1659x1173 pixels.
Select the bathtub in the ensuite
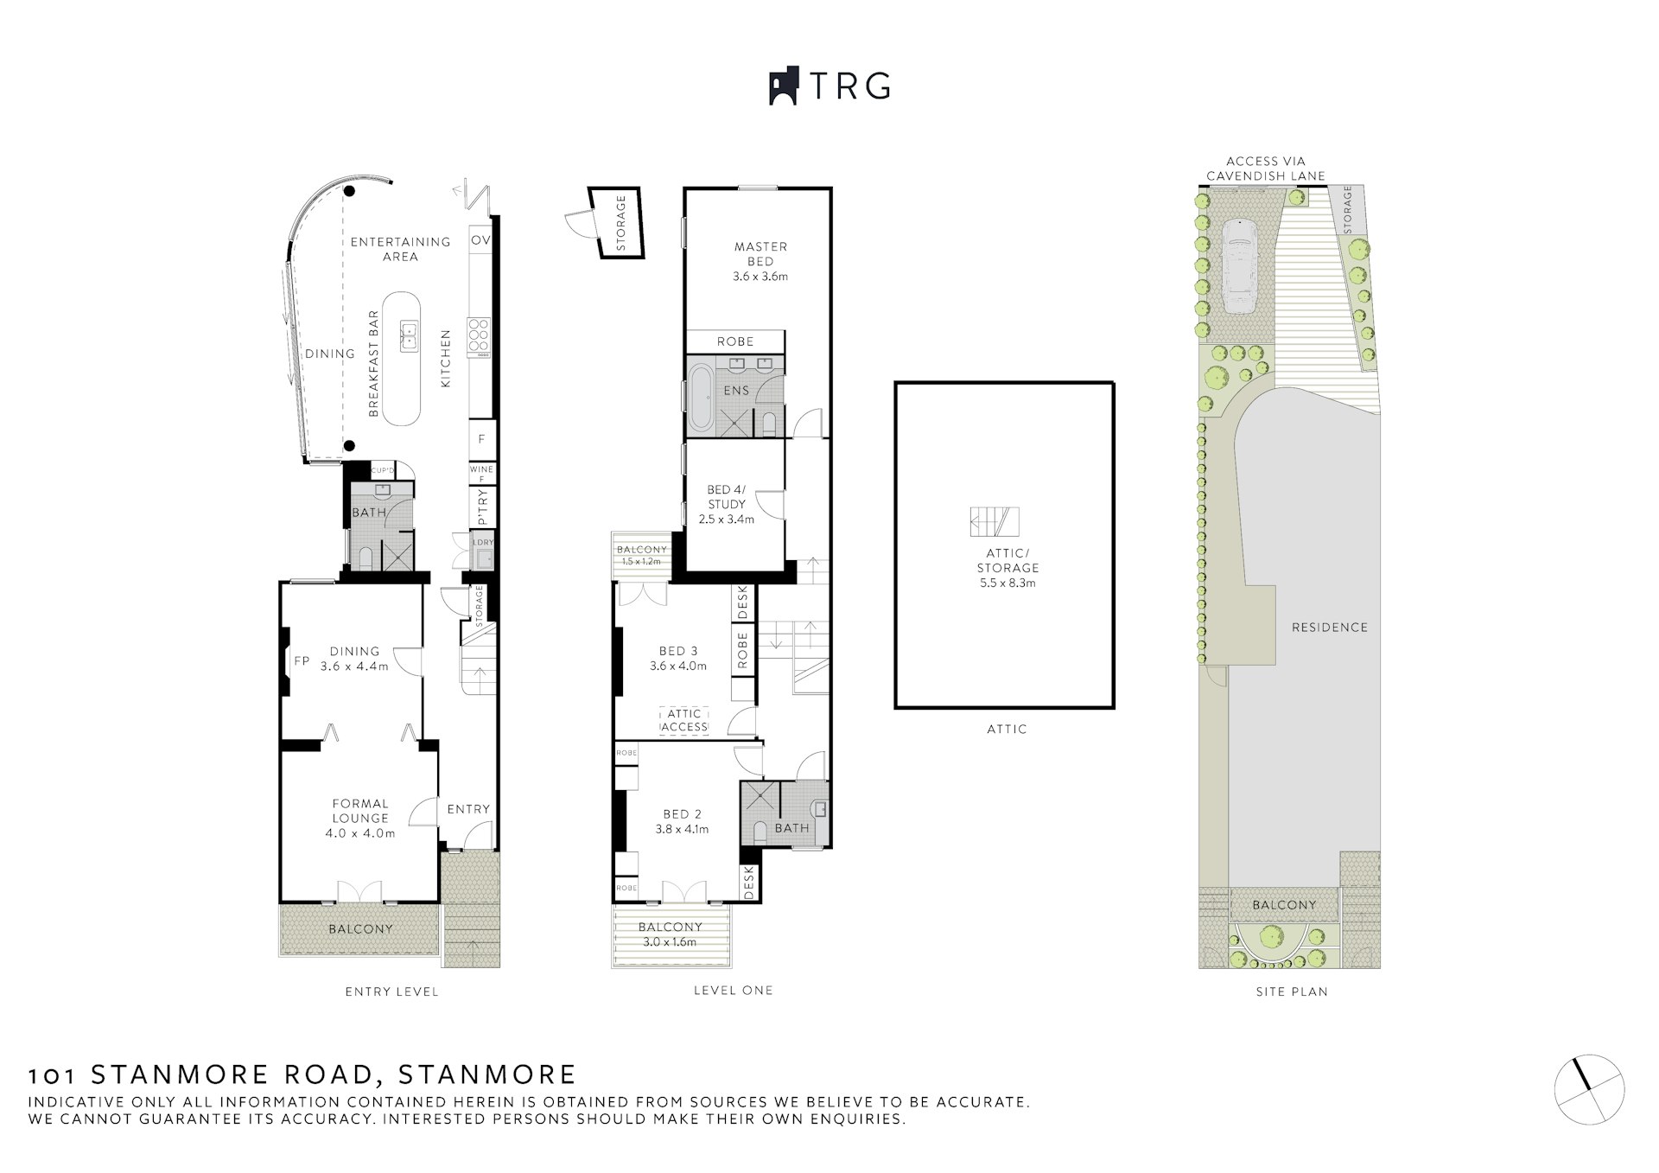(x=701, y=398)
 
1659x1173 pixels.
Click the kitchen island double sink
(x=408, y=334)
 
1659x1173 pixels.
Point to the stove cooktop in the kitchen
(x=479, y=337)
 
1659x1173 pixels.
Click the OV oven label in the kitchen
(x=480, y=240)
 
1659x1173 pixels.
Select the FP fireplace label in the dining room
(x=302, y=660)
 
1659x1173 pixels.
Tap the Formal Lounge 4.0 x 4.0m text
(x=360, y=818)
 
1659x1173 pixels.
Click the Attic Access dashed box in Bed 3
(x=684, y=720)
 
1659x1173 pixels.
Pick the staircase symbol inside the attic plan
(x=995, y=522)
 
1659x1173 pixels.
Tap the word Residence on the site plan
(x=1329, y=627)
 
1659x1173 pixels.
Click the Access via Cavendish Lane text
(x=1265, y=169)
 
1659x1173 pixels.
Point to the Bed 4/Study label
(x=726, y=504)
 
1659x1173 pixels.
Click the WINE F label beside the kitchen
(x=481, y=473)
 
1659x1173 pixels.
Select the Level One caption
(x=733, y=991)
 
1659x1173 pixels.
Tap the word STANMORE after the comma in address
(x=486, y=1074)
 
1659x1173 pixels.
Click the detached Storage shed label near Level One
(x=620, y=223)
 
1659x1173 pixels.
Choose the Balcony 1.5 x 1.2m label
(x=641, y=555)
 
